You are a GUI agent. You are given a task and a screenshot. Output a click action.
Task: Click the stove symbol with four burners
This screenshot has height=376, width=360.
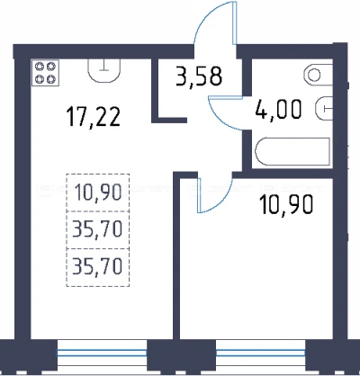pyautogui.click(x=45, y=73)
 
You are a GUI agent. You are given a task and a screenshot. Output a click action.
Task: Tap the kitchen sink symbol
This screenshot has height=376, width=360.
pyautogui.click(x=104, y=70)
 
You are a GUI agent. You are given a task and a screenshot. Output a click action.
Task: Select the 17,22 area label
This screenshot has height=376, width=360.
pyautogui.click(x=94, y=117)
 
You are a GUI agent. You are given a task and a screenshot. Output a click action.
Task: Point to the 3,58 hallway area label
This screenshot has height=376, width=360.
pyautogui.click(x=199, y=76)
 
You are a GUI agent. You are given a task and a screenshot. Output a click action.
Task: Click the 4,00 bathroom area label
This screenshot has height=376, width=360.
pyautogui.click(x=278, y=109)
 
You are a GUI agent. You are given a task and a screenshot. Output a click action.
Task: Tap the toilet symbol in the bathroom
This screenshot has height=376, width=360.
pyautogui.click(x=318, y=75)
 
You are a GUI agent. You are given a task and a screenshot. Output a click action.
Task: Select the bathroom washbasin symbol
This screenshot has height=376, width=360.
pyautogui.click(x=324, y=108)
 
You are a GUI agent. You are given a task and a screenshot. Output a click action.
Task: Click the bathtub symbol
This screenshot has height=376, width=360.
pyautogui.click(x=292, y=151)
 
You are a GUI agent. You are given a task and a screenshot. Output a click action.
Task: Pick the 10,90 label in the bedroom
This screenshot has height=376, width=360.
pyautogui.click(x=287, y=204)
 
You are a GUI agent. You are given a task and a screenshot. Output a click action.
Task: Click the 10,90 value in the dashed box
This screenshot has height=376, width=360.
pyautogui.click(x=98, y=192)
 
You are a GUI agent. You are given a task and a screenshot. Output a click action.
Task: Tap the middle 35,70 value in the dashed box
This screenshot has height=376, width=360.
pyautogui.click(x=97, y=229)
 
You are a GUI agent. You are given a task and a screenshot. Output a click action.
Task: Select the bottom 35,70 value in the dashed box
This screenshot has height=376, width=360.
pyautogui.click(x=97, y=266)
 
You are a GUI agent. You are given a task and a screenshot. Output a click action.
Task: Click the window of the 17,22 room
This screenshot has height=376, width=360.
pyautogui.click(x=102, y=353)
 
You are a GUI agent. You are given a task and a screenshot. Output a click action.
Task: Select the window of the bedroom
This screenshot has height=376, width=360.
pyautogui.click(x=260, y=353)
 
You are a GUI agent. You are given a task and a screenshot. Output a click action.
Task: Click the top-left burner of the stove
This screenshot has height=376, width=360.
pyautogui.click(x=40, y=67)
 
